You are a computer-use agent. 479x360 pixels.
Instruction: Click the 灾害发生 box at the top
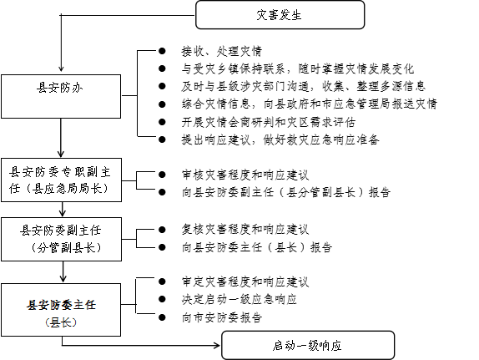click(x=280, y=15)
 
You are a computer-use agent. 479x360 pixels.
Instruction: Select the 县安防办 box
click(x=61, y=96)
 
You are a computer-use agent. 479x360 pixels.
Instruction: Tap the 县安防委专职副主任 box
click(x=62, y=180)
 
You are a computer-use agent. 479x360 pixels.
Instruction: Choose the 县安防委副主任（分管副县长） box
click(x=62, y=239)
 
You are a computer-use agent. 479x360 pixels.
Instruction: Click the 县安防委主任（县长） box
click(x=61, y=310)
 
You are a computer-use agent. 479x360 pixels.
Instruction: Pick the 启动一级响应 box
click(x=308, y=345)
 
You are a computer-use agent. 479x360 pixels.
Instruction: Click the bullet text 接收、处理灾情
click(x=222, y=51)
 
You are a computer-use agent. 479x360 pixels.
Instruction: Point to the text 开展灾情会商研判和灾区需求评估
click(x=269, y=122)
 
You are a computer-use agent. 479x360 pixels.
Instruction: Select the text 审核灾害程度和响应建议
click(x=245, y=175)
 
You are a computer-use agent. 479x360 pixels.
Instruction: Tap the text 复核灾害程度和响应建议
click(x=245, y=230)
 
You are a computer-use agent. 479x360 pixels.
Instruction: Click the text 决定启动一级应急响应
click(x=239, y=299)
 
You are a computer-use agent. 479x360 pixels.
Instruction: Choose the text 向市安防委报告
click(x=222, y=317)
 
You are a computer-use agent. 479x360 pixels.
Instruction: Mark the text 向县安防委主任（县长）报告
click(x=257, y=247)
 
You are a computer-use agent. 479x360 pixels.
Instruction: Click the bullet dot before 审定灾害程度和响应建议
click(x=162, y=281)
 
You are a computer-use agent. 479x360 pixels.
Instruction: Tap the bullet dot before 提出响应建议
click(x=162, y=139)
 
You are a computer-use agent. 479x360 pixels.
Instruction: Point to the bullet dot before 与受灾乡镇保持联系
click(x=162, y=68)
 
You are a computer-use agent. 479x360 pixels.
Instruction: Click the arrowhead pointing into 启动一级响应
click(x=217, y=346)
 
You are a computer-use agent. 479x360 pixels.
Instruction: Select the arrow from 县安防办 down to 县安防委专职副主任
click(x=61, y=138)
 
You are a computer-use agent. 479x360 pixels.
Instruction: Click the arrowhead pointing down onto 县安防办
click(x=61, y=68)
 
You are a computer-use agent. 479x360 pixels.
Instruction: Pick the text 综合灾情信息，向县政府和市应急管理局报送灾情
click(x=310, y=104)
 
